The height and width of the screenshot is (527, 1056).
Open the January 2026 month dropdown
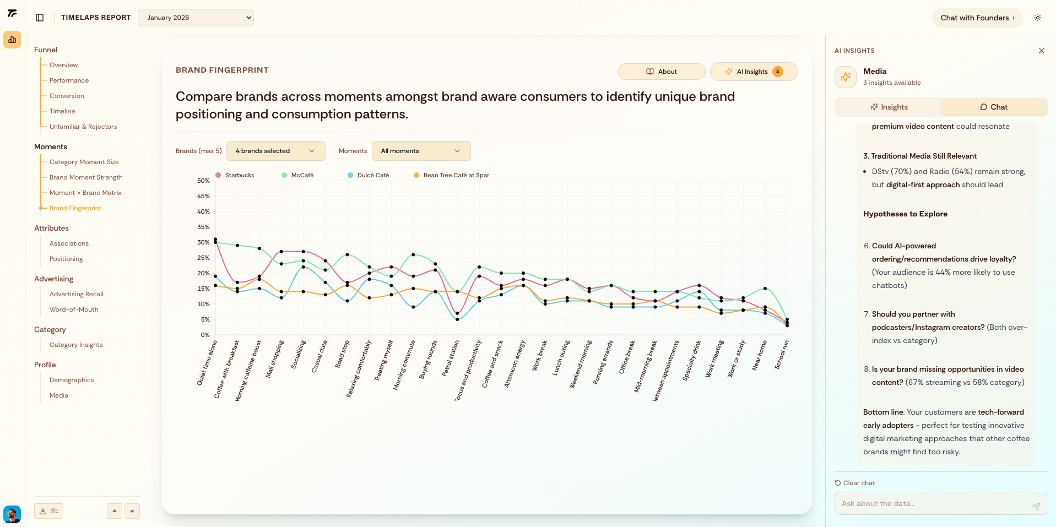coord(196,18)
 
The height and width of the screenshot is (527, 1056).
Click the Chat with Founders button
coord(977,18)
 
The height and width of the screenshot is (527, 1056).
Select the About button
coord(661,72)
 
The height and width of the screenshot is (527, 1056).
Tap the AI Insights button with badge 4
coord(754,72)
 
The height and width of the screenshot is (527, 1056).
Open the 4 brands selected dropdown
coord(275,151)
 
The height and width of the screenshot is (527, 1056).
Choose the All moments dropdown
coord(421,151)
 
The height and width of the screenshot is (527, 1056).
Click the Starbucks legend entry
coord(239,175)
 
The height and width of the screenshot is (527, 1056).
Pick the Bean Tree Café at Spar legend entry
coord(456,175)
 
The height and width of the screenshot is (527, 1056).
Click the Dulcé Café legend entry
coord(372,175)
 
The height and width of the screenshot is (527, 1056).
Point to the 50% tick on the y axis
coord(203,181)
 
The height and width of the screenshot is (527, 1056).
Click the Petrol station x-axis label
coord(451,358)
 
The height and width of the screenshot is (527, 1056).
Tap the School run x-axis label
coord(782,355)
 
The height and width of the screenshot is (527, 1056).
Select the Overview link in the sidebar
coord(63,65)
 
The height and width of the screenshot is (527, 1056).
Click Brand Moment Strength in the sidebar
coord(86,177)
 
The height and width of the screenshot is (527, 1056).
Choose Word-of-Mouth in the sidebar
coord(74,309)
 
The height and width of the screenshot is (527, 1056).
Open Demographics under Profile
coord(72,380)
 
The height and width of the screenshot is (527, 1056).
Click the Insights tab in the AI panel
coord(889,107)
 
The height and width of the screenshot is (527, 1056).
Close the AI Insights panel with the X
coord(1041,51)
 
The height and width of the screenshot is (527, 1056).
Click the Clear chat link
coord(858,483)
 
